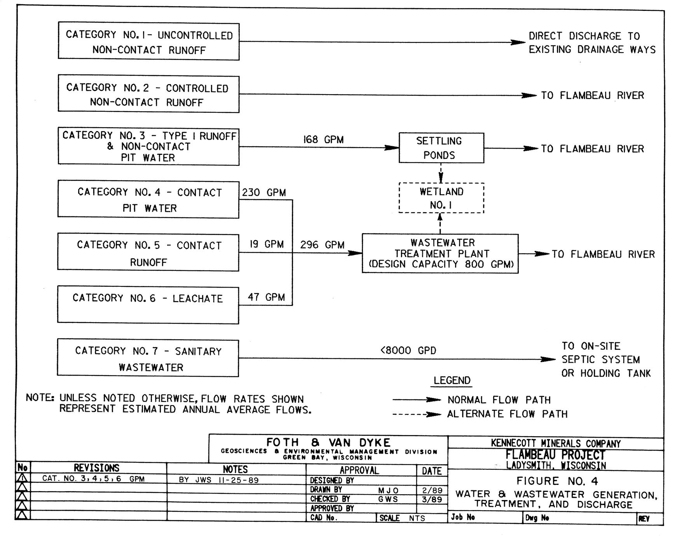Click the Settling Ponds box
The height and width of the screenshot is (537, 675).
(441, 148)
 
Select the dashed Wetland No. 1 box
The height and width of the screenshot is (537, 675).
(441, 198)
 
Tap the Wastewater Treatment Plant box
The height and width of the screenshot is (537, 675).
(440, 253)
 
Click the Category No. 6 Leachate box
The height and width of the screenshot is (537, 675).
(148, 305)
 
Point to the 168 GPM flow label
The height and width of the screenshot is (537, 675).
(323, 140)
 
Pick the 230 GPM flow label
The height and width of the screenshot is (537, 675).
(264, 193)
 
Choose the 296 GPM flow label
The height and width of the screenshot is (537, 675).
(322, 245)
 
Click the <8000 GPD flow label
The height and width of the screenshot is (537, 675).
(408, 351)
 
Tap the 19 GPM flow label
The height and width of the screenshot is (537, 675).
(266, 244)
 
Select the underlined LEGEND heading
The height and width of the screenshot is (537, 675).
(452, 381)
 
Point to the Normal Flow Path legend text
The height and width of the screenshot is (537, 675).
(499, 400)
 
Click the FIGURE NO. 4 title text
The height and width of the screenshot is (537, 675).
(557, 481)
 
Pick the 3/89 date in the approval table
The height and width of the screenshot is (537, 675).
(432, 499)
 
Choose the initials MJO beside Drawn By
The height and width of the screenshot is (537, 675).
(388, 490)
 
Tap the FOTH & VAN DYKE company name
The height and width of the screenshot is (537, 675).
(328, 443)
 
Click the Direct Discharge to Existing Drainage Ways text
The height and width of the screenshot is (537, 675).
(592, 43)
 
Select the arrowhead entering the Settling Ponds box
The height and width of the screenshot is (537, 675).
(392, 147)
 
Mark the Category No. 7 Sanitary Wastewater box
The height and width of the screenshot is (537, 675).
(148, 358)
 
